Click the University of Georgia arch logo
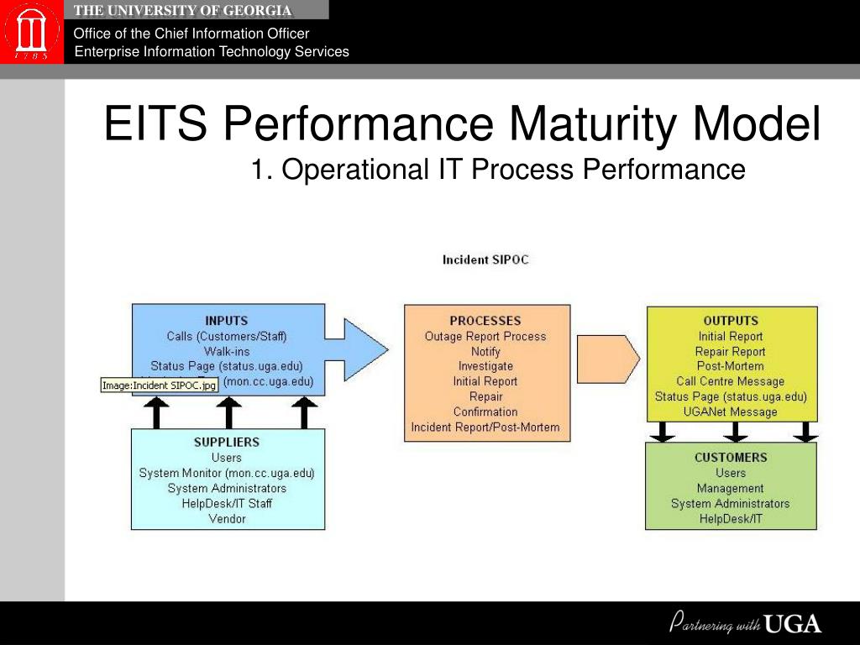[x=31, y=32]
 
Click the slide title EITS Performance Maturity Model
[x=462, y=124]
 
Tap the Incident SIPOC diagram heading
[x=485, y=260]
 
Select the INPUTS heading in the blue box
[x=227, y=320]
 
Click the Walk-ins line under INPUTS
[x=227, y=351]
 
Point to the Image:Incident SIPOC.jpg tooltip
[x=159, y=385]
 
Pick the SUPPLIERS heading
[x=227, y=442]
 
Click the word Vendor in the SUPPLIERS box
[x=227, y=518]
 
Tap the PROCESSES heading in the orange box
[x=485, y=320]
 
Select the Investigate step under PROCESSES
[x=485, y=366]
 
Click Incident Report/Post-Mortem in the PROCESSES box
[x=485, y=427]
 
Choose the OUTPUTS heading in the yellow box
[x=731, y=320]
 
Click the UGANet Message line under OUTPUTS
[x=731, y=412]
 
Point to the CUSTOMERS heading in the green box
[x=731, y=457]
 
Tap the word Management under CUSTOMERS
[x=731, y=488]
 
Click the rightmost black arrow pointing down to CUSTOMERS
[x=805, y=432]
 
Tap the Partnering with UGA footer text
[x=745, y=624]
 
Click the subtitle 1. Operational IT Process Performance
[x=498, y=170]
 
